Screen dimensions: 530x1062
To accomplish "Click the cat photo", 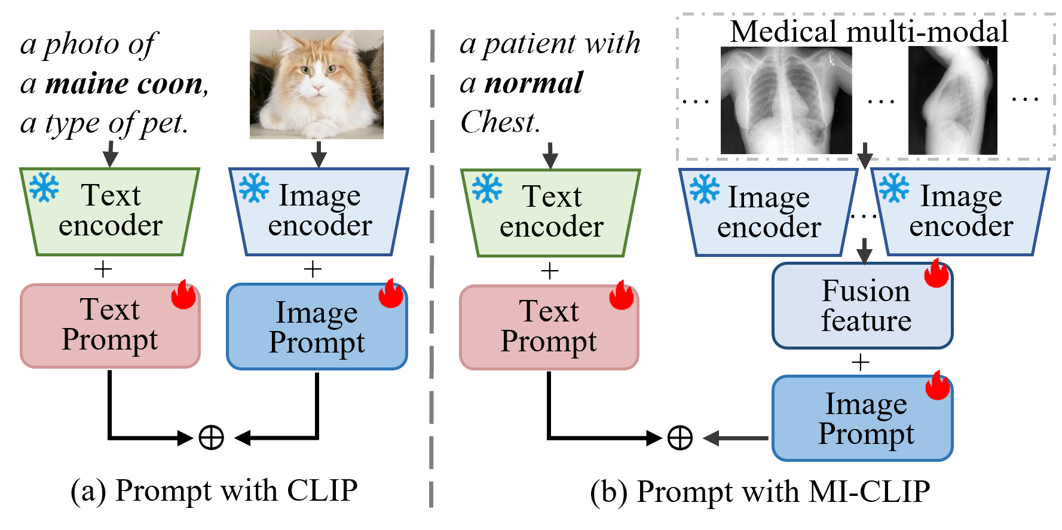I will click(316, 84).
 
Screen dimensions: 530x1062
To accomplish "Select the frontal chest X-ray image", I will click(786, 100).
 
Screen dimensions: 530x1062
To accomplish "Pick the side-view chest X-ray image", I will click(953, 100).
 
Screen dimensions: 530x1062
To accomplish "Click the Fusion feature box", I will click(862, 306).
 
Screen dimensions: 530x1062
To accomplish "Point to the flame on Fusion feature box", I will click(936, 273).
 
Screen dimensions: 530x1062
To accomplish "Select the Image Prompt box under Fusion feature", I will click(862, 418).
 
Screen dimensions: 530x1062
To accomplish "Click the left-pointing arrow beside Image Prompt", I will click(735, 439).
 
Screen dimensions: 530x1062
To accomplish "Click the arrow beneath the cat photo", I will click(319, 154).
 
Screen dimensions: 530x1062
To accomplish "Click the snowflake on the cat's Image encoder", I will click(254, 188).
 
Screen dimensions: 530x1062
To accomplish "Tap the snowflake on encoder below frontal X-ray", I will click(705, 189).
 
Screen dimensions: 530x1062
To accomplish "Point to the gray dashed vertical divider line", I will click(431, 269).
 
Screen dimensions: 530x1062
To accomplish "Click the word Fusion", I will click(865, 291).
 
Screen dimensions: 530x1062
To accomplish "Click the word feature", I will click(865, 321).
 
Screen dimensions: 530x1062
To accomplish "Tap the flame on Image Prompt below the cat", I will click(391, 293).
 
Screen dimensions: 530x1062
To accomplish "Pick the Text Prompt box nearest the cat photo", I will click(110, 326).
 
